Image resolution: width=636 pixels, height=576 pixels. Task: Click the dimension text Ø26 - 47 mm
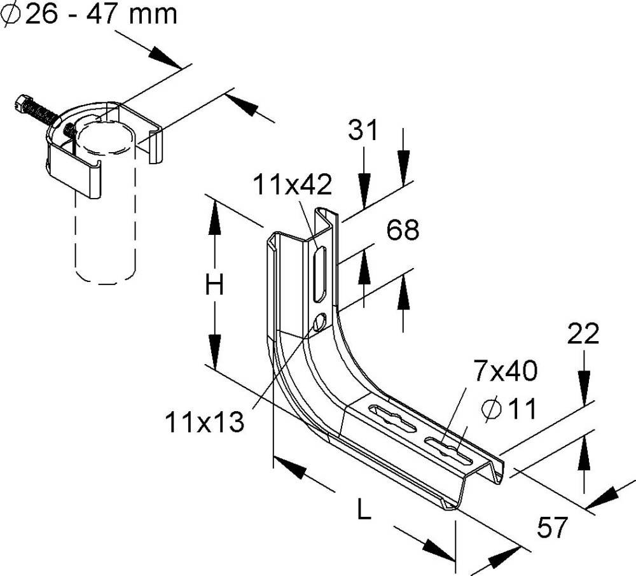pyautogui.click(x=89, y=14)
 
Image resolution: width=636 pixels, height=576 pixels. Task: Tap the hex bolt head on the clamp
pyautogui.click(x=22, y=103)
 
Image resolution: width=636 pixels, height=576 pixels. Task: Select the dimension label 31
pyautogui.click(x=363, y=131)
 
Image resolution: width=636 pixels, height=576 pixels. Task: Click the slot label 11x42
pyautogui.click(x=293, y=185)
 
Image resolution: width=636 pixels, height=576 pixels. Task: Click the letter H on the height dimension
pyautogui.click(x=215, y=286)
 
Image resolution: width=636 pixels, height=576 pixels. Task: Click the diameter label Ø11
pyautogui.click(x=509, y=409)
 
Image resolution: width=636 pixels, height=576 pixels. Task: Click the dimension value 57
pyautogui.click(x=553, y=528)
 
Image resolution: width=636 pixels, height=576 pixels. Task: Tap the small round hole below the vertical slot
pyautogui.click(x=320, y=322)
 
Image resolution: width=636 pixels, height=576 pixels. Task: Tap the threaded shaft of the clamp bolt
pyautogui.click(x=43, y=115)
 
